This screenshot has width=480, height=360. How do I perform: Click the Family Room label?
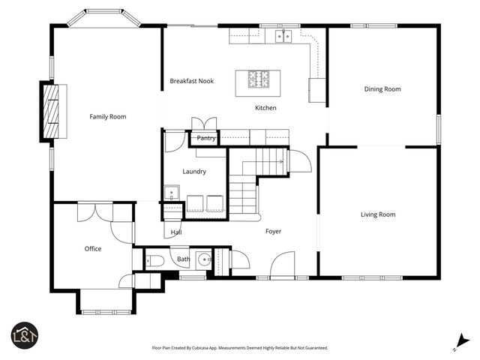(108, 116)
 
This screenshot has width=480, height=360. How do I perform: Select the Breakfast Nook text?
(192, 81)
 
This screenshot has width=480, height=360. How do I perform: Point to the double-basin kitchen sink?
(283, 35)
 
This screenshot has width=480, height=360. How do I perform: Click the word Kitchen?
(265, 108)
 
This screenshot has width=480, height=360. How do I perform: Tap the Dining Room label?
(382, 89)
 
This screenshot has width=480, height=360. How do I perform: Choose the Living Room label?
(378, 214)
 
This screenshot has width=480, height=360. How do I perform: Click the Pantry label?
(206, 138)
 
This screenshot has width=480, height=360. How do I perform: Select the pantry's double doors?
(204, 124)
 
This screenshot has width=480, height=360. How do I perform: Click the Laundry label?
(194, 171)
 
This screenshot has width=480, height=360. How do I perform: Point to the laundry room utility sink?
(172, 192)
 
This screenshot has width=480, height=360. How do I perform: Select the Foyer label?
(273, 231)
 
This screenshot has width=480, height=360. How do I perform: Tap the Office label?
(93, 249)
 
